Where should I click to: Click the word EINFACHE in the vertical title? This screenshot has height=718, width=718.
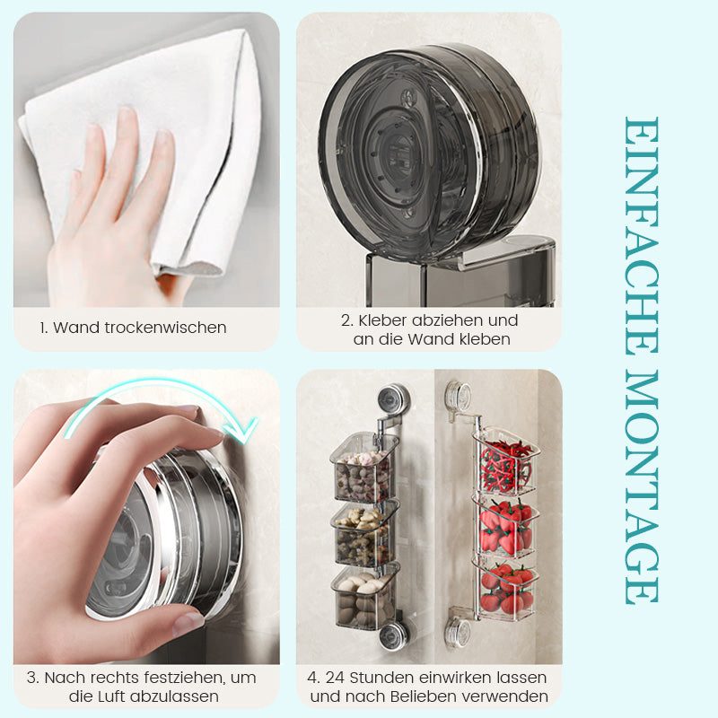pyautogui.click(x=642, y=236)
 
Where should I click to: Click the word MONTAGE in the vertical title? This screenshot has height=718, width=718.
pyautogui.click(x=642, y=488)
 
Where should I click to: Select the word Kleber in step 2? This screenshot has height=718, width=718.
pyautogui.click(x=383, y=320)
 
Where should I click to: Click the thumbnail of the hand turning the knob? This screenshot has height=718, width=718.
pyautogui.click(x=146, y=517)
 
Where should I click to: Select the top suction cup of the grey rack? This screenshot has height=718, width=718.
pyautogui.click(x=392, y=398)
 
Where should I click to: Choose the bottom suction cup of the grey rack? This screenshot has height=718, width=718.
pyautogui.click(x=392, y=635)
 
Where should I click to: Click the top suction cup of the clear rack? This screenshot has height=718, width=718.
pyautogui.click(x=458, y=394)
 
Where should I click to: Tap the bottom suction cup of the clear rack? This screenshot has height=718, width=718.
pyautogui.click(x=458, y=632)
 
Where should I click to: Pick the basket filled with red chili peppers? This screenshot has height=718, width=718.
pyautogui.click(x=505, y=462)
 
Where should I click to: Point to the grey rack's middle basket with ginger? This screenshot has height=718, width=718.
pyautogui.click(x=364, y=533)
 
